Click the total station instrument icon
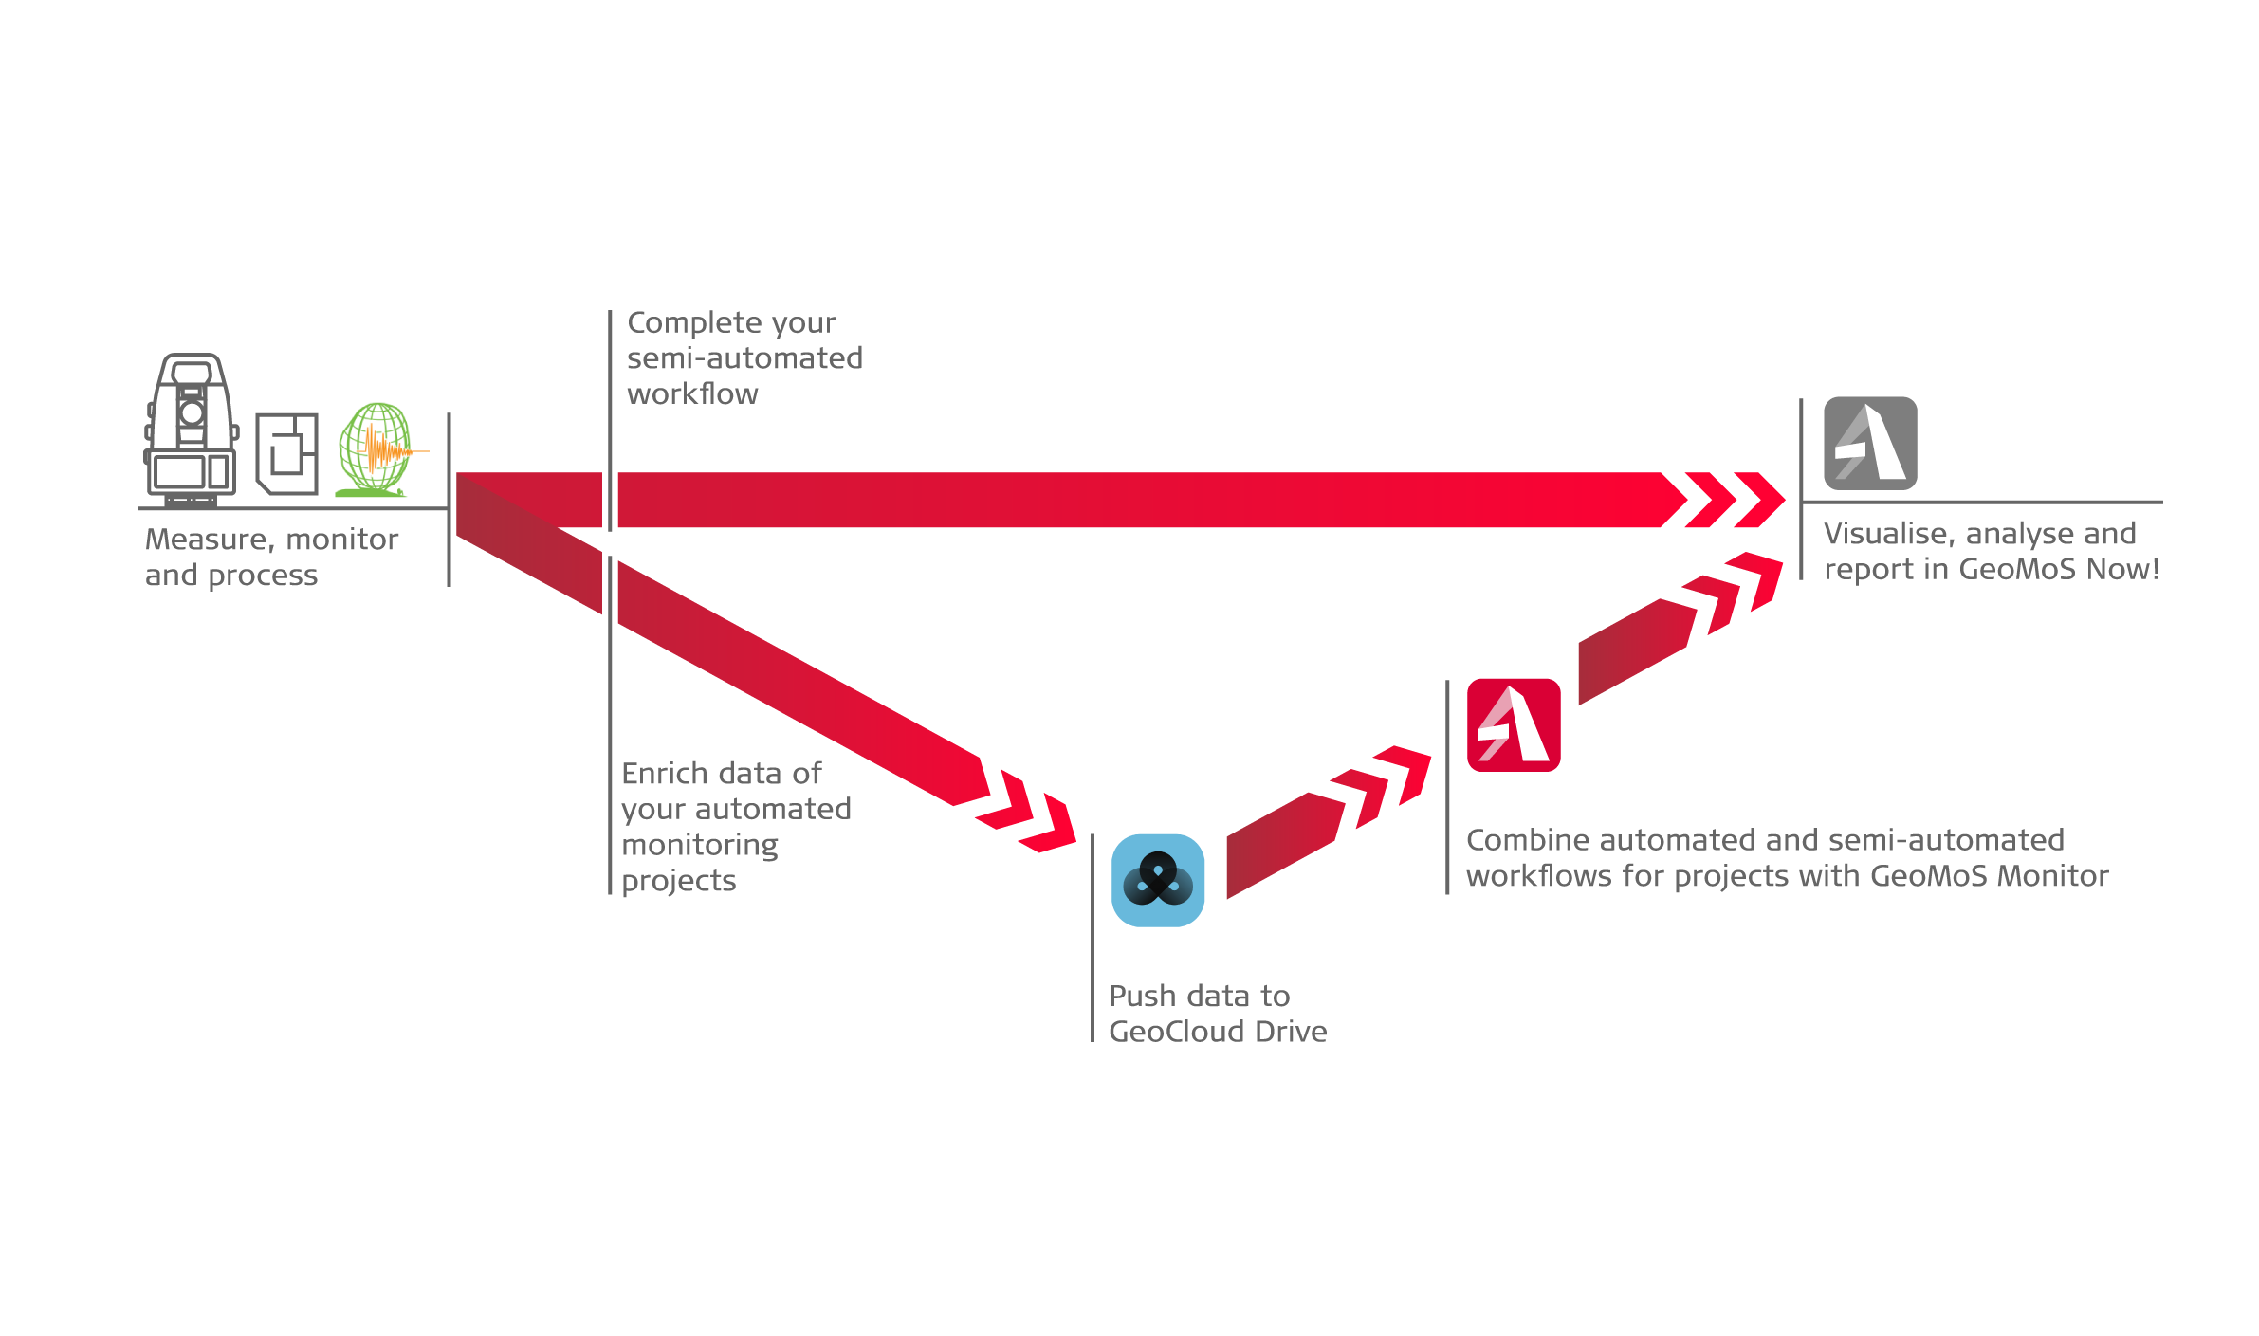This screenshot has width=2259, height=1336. tap(192, 428)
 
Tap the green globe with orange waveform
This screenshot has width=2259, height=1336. tap(377, 449)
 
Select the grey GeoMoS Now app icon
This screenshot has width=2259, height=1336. tap(1870, 443)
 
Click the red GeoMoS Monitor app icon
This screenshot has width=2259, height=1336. tap(1514, 724)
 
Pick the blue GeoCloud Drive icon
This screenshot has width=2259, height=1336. tap(1158, 880)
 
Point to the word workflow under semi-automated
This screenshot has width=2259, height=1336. tap(692, 394)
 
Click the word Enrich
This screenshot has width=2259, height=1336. tap(664, 774)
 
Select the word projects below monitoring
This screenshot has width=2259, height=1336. tap(679, 882)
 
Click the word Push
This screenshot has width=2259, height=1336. tap(1143, 997)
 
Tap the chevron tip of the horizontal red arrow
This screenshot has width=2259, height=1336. tap(1760, 500)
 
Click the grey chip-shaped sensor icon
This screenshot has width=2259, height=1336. tap(287, 453)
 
